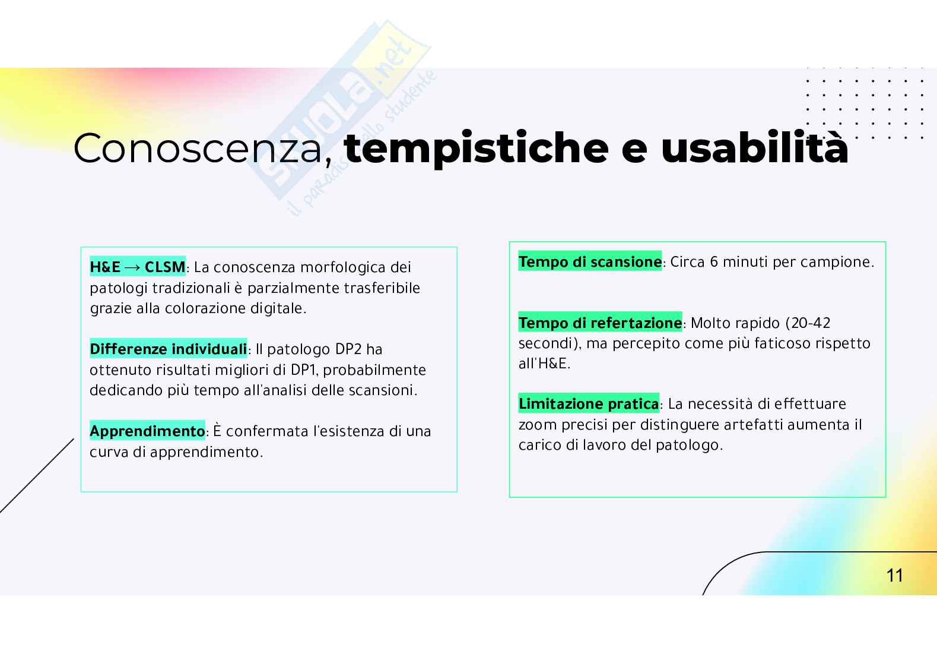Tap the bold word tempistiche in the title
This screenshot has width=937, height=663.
click(x=476, y=149)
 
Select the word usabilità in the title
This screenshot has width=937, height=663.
click(x=754, y=149)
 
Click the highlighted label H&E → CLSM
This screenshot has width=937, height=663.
click(x=138, y=267)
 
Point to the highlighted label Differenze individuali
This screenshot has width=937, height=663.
click(x=168, y=349)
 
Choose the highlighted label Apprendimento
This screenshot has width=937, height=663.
click(x=147, y=431)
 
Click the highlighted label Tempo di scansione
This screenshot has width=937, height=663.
click(x=590, y=262)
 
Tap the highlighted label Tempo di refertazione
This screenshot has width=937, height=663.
click(x=600, y=323)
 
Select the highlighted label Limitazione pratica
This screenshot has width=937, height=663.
click(x=588, y=404)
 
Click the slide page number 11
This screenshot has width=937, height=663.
click(x=894, y=575)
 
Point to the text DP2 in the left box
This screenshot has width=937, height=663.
click(x=349, y=349)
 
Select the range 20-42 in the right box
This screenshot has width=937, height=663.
click(x=811, y=323)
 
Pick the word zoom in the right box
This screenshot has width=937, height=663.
click(x=538, y=425)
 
